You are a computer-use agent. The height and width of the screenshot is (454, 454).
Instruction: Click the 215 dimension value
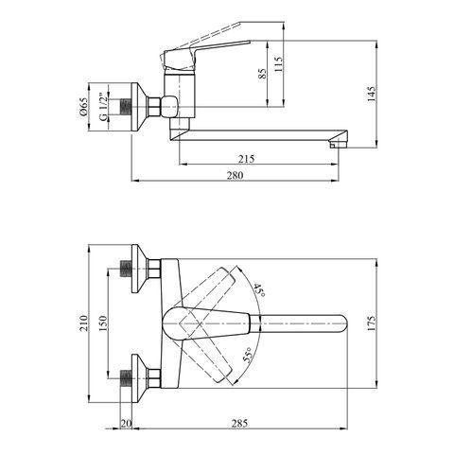(x=246, y=159)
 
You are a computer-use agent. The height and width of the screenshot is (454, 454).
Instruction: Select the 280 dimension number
(x=236, y=175)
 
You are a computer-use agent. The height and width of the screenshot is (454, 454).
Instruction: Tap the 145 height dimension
(x=372, y=94)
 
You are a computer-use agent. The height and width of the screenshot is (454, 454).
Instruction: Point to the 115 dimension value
(x=279, y=64)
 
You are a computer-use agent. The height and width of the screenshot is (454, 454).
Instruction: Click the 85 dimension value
(x=262, y=73)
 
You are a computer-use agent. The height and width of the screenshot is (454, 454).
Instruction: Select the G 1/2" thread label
(x=103, y=107)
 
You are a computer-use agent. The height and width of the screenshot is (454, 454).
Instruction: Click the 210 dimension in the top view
(x=83, y=323)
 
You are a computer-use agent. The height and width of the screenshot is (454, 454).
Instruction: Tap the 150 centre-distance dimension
(x=103, y=323)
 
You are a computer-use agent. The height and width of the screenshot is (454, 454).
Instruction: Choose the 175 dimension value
(x=372, y=323)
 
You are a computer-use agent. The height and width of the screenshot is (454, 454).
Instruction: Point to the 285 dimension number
(x=239, y=424)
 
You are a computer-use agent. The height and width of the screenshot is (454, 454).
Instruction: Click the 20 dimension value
(x=126, y=424)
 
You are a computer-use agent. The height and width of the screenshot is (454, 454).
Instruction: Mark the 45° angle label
(x=259, y=290)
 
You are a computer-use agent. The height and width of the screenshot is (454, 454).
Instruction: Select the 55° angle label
(x=249, y=356)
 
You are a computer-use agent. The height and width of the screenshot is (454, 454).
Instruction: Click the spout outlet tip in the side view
(x=338, y=145)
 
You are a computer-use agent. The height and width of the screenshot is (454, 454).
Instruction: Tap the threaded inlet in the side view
(x=126, y=107)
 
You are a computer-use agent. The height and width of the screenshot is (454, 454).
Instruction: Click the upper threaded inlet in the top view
(x=126, y=269)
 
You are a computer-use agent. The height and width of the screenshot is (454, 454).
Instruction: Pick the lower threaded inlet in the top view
(x=126, y=378)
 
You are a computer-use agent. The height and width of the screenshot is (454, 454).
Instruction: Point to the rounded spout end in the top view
(x=342, y=323)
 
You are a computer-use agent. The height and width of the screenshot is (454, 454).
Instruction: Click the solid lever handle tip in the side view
(x=250, y=42)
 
